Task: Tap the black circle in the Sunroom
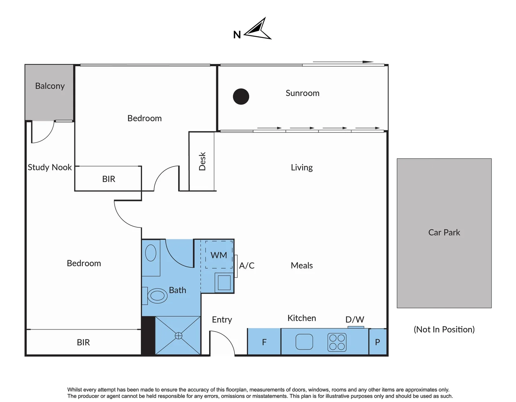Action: tap(241, 97)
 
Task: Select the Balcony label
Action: tap(50, 86)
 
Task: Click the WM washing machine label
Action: tap(219, 255)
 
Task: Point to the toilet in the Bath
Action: tap(157, 296)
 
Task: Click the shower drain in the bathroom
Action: tap(179, 336)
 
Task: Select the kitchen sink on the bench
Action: tap(304, 342)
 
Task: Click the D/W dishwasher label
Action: tap(355, 320)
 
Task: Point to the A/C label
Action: tap(247, 266)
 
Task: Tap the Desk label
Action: tap(202, 161)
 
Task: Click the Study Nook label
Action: tap(50, 167)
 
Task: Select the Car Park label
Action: tap(444, 233)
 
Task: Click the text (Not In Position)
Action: tap(444, 329)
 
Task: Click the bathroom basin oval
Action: tap(151, 253)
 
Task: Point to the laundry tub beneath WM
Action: tap(224, 283)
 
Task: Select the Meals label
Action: tap(302, 266)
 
